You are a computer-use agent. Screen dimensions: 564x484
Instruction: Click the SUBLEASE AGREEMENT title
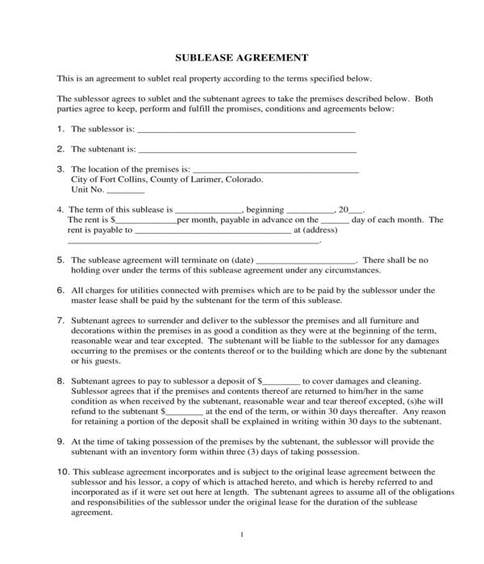pos(241,58)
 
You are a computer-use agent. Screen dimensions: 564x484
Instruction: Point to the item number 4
pos(60,209)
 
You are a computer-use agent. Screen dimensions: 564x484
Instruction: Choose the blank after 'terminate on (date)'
pos(306,261)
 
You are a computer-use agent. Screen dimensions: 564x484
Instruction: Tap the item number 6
pos(60,290)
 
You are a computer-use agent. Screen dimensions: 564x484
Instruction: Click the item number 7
pos(60,320)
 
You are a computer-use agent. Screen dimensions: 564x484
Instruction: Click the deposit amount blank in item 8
pos(282,380)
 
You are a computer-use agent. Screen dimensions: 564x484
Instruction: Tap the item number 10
pos(62,471)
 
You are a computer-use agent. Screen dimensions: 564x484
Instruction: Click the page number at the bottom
pos(242,535)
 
